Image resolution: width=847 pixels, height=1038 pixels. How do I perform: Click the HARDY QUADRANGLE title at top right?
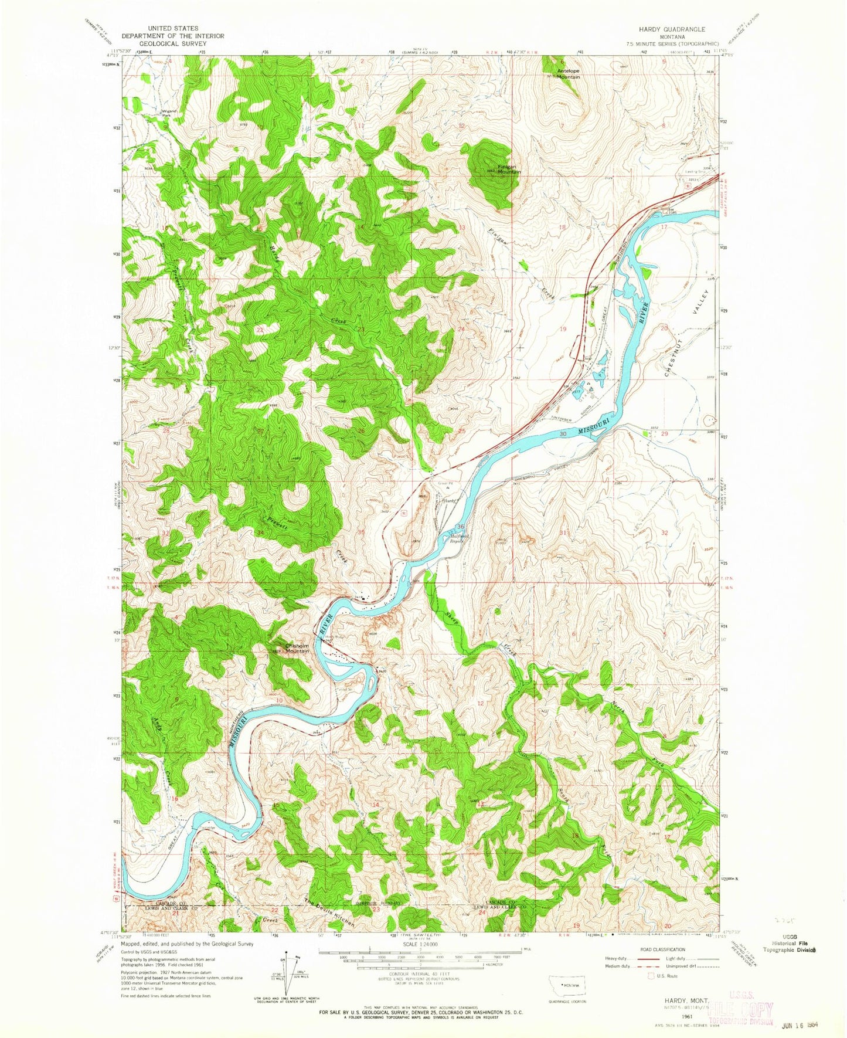[x=672, y=29]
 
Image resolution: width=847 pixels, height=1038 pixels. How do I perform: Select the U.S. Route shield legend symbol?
[x=650, y=976]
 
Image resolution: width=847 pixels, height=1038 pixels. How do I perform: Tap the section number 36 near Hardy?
[x=461, y=526]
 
